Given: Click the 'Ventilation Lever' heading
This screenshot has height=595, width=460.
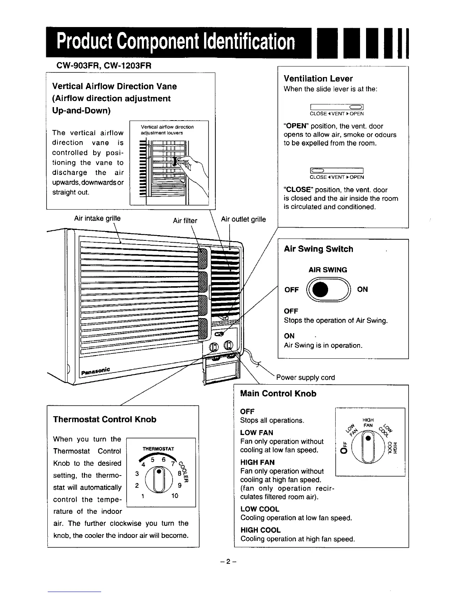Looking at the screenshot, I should pos(318,79).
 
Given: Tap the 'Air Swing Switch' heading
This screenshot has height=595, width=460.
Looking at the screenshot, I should pos(318,249).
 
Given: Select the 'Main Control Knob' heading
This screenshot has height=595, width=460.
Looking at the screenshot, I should pos(278,394).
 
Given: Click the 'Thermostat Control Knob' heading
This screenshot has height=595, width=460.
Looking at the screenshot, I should pos(104,420).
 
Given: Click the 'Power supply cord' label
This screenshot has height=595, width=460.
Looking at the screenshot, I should pos(305,378).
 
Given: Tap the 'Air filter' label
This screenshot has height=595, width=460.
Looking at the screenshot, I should pos(185,220).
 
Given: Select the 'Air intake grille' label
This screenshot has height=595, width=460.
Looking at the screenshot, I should pos(97,218).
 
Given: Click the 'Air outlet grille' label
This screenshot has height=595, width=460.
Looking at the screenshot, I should pos(243,219).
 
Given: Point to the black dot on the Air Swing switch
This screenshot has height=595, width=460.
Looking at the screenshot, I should pos(320,290).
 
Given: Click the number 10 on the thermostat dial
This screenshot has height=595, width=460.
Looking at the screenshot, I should pos(174,496).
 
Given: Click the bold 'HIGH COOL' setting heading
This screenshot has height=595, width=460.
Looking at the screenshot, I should pos(260,530).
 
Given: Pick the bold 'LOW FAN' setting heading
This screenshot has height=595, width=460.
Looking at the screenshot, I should pos(256,433).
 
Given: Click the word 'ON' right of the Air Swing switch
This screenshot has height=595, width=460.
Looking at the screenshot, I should pos(362,289).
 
